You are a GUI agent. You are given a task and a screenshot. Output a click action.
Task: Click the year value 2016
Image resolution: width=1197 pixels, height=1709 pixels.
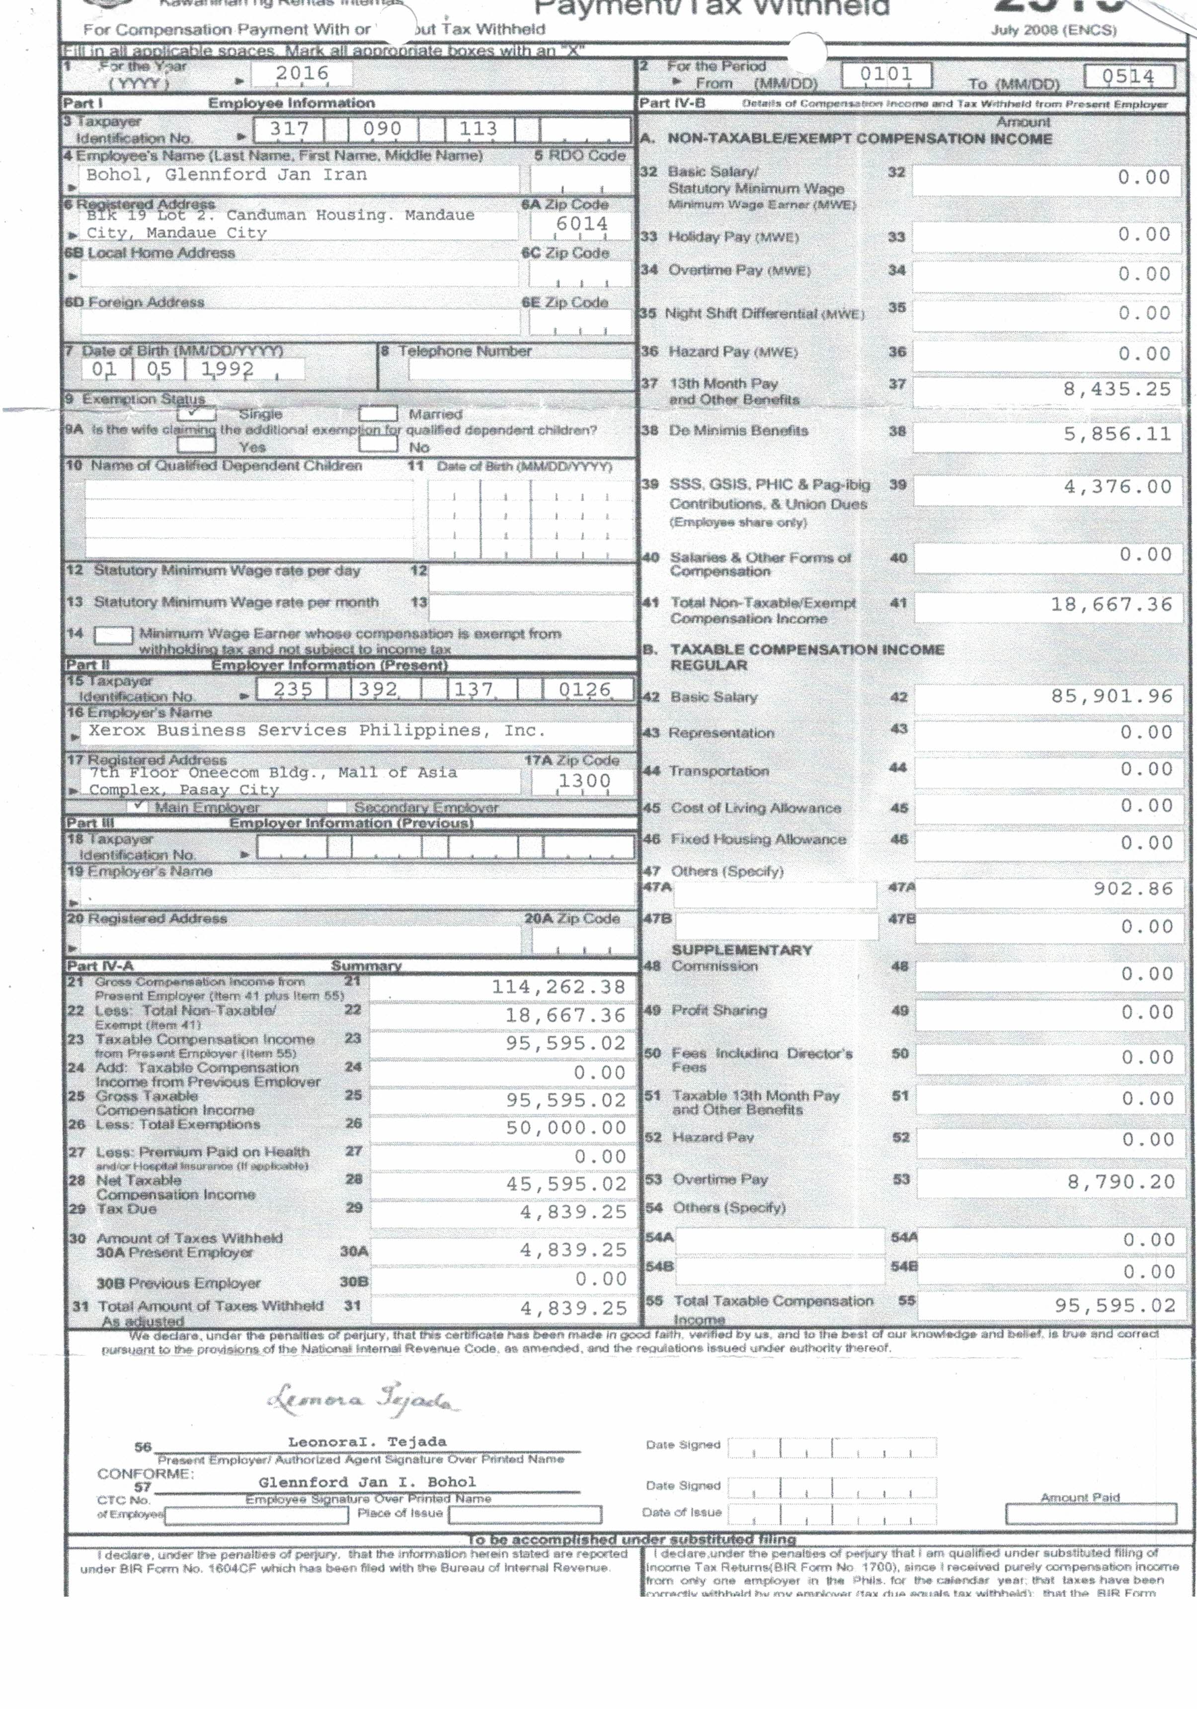(302, 73)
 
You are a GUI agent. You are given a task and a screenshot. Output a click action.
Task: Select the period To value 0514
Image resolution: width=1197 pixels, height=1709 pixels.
(1128, 77)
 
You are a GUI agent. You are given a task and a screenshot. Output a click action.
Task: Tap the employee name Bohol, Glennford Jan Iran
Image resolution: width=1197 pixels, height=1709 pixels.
(226, 175)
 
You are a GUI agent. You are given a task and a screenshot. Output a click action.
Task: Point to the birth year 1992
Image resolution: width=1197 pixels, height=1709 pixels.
(228, 369)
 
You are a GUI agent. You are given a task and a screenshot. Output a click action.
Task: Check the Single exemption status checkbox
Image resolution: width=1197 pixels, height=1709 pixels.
(196, 413)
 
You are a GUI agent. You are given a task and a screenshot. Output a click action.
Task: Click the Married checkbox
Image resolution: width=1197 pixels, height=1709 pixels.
(378, 414)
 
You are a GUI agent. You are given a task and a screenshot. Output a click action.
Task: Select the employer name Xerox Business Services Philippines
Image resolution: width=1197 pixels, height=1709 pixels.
(317, 731)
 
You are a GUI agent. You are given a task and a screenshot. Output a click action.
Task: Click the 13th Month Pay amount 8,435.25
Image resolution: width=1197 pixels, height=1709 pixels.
(1117, 389)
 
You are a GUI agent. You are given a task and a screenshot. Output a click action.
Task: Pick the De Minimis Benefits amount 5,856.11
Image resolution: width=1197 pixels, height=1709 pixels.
(1117, 434)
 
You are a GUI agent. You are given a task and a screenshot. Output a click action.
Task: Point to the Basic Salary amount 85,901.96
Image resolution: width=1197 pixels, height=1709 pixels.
(1112, 696)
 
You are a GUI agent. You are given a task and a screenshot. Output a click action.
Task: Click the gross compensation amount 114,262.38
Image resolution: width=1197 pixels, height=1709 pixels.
(558, 987)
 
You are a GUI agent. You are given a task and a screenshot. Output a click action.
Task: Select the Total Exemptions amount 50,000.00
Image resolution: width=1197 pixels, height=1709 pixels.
(566, 1128)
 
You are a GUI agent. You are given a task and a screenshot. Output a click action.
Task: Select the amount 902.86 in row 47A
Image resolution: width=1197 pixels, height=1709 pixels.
(1132, 889)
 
